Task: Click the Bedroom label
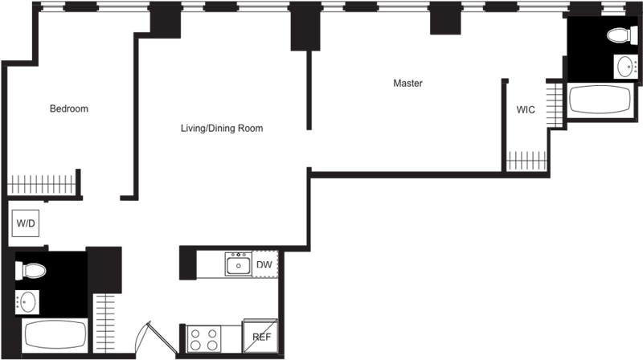(x=68, y=108)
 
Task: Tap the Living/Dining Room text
(x=222, y=128)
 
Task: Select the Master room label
(x=408, y=83)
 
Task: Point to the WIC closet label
(x=526, y=110)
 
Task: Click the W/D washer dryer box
(x=26, y=223)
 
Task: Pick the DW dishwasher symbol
(x=264, y=264)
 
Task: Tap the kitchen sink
(x=238, y=264)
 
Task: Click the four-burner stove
(x=204, y=337)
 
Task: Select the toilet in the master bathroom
(x=621, y=35)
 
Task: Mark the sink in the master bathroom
(x=625, y=66)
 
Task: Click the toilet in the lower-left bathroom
(x=31, y=270)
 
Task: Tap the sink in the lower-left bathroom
(x=27, y=302)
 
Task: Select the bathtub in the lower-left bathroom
(x=55, y=334)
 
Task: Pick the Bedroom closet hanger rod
(x=42, y=183)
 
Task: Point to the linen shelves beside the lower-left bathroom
(x=104, y=321)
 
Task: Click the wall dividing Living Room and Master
(x=309, y=88)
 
